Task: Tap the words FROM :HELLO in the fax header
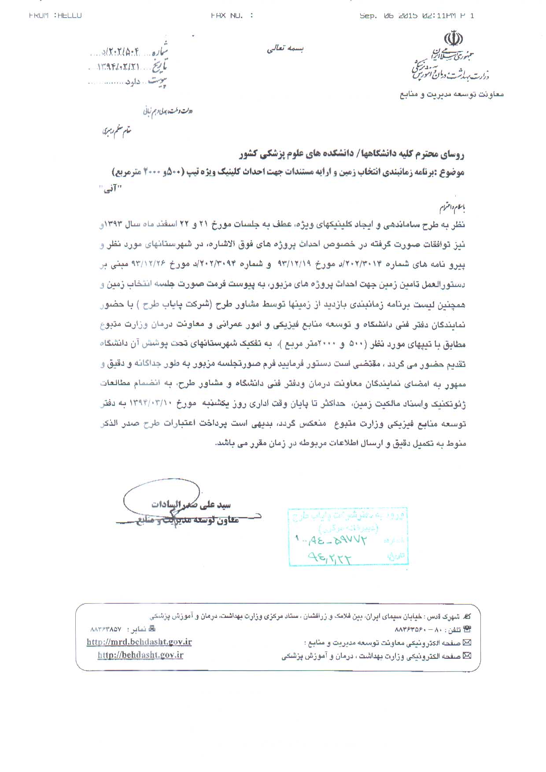pos(55,15)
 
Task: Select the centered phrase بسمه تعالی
pos(285,49)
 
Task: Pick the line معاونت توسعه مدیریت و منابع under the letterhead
pos(452,94)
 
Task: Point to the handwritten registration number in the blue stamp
pos(330,539)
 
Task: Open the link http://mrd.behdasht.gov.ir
pos(139,642)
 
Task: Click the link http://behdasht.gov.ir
pos(140,655)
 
